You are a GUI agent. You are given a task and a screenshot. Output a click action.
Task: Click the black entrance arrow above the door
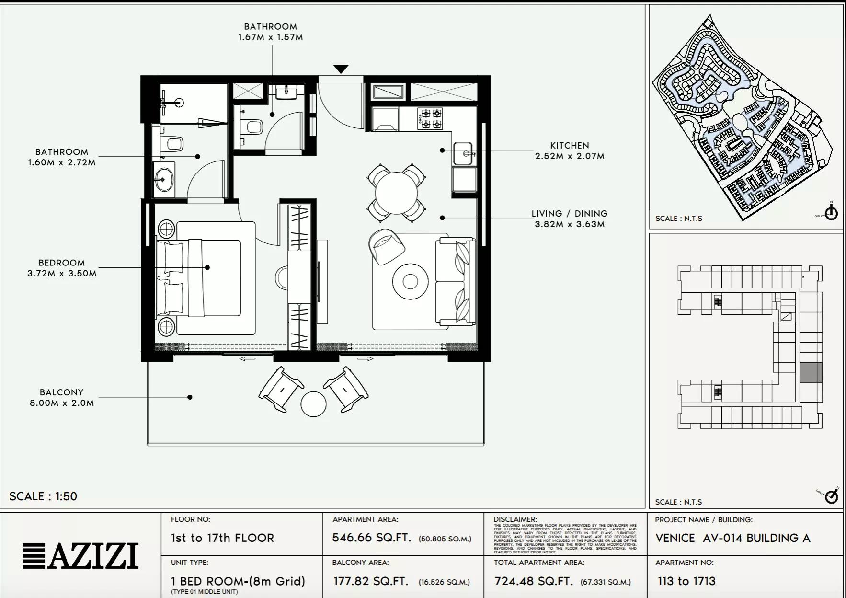coord(341,69)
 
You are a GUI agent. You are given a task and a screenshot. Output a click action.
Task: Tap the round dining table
coord(396,193)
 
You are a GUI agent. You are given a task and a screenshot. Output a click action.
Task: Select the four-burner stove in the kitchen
coord(430,119)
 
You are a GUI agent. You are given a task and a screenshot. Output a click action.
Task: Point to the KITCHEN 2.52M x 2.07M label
coord(570,150)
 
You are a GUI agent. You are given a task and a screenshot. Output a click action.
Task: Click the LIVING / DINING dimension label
coord(570,218)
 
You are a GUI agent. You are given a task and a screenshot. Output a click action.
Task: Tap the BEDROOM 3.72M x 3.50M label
coord(62,268)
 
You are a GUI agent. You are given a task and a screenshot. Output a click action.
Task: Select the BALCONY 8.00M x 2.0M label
coord(62,397)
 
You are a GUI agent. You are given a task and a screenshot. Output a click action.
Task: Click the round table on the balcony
coord(314,404)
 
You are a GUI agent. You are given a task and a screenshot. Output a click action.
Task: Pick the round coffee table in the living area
coord(410,281)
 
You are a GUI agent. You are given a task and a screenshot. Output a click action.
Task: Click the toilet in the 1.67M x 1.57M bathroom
coord(252,127)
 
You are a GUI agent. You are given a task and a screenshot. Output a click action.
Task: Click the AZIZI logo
coord(80,556)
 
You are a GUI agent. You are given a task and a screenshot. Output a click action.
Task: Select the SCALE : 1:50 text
coord(43,496)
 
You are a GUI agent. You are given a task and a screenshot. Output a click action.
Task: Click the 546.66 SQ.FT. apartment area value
coord(372,538)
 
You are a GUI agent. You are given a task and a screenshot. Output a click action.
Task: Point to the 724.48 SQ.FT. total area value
coord(533,581)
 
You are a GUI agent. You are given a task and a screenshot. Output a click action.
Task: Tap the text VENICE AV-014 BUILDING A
coord(732,538)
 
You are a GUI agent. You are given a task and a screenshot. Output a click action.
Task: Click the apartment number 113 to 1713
coord(686,581)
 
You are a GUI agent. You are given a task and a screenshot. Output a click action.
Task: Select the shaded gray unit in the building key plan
coord(811,372)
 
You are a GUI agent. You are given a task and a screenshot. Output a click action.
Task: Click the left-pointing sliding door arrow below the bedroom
coord(247,358)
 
